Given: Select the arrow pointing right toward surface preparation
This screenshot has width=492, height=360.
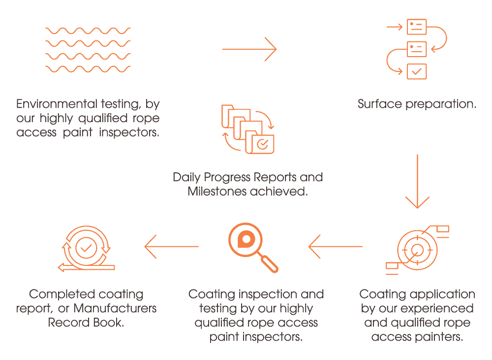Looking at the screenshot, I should click(249, 49).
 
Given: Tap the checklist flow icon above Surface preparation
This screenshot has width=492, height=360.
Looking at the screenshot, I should click(417, 49).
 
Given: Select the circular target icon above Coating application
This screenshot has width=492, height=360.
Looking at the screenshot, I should click(417, 248).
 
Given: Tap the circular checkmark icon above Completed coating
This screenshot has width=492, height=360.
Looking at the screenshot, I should click(86, 248).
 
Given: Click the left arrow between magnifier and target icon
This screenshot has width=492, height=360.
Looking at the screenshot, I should click(335, 246).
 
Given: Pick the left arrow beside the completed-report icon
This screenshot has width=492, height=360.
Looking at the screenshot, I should click(171, 246).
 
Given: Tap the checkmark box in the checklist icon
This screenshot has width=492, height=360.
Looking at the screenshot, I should click(417, 71).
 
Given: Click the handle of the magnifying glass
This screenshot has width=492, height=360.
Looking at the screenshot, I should click(269, 263).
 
